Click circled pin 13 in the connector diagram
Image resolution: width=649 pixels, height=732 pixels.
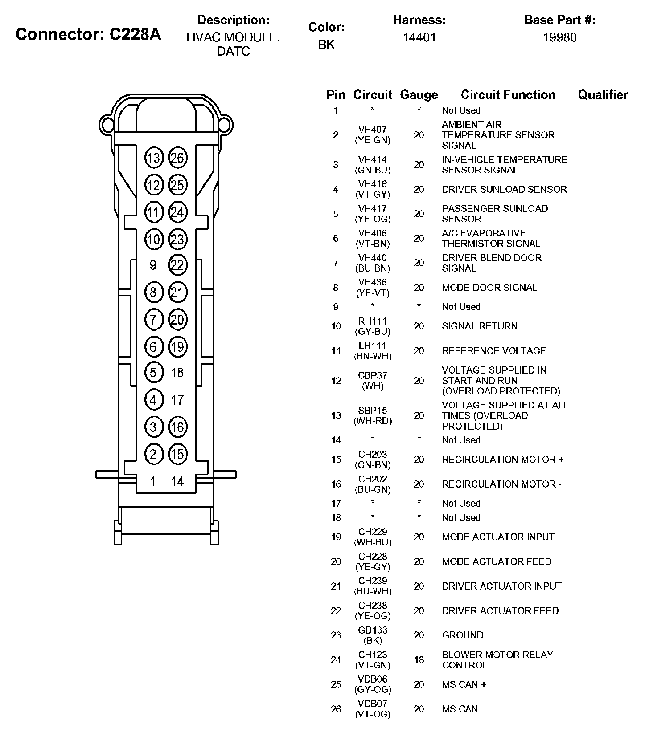(154, 158)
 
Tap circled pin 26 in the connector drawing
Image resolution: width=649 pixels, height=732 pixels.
(177, 158)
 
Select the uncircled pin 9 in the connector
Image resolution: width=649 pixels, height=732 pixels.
(153, 265)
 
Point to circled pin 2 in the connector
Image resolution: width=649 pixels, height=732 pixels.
(153, 454)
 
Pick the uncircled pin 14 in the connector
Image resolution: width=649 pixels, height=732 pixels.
(177, 481)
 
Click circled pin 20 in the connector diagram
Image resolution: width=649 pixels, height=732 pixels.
(177, 320)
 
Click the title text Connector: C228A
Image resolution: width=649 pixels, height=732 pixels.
(88, 34)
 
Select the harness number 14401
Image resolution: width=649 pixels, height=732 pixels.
(419, 37)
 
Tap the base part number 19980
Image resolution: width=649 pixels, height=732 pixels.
(559, 37)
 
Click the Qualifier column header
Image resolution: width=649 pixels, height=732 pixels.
(603, 94)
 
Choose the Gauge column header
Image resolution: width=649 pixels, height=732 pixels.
(419, 94)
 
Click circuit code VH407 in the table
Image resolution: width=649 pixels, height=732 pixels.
(372, 130)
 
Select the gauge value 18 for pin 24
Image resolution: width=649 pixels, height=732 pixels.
(419, 659)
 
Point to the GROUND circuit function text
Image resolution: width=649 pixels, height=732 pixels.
(462, 635)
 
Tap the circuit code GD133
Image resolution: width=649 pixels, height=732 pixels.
(372, 630)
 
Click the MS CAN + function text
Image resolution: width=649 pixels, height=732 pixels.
(464, 684)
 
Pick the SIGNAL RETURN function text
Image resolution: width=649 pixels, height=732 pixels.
(480, 326)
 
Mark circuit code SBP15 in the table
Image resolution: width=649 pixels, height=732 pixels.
(372, 410)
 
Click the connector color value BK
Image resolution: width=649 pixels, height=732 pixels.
(326, 45)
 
